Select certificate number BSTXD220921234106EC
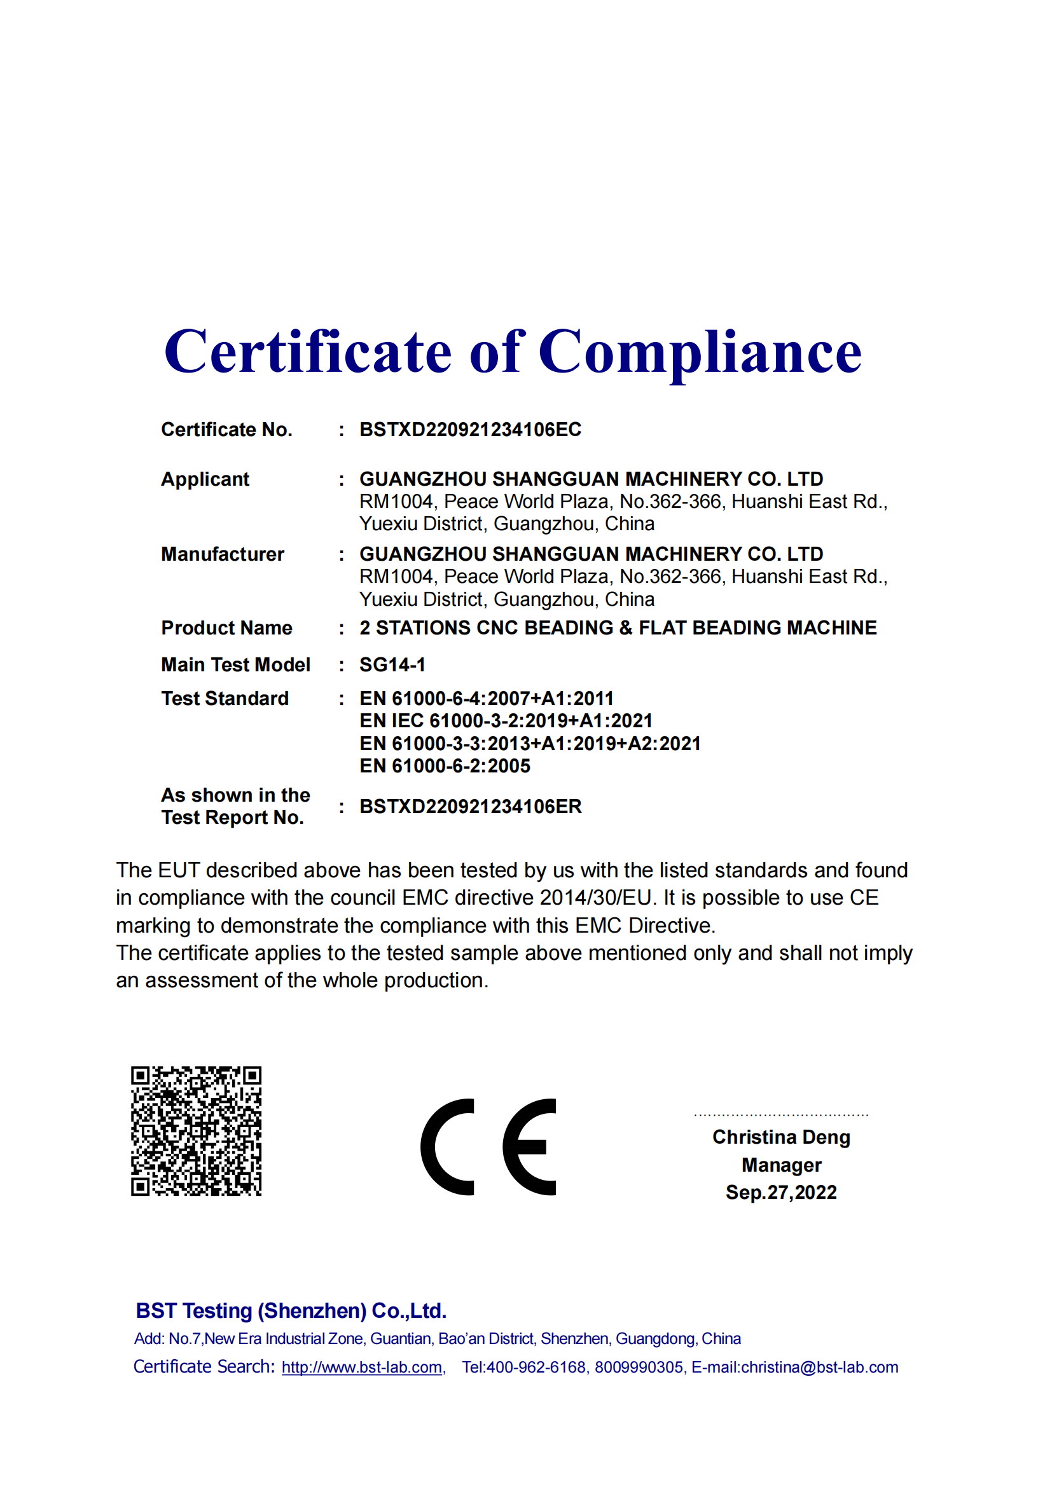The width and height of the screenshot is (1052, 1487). click(470, 429)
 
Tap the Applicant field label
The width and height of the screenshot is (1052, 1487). click(205, 479)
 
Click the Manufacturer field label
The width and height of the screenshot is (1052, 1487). click(222, 554)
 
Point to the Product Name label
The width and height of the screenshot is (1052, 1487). click(226, 628)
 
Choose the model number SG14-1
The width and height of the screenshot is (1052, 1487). click(392, 665)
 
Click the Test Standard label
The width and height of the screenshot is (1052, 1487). click(225, 699)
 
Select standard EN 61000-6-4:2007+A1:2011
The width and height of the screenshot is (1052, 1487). click(486, 699)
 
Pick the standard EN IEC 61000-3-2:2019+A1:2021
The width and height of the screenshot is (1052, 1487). click(505, 721)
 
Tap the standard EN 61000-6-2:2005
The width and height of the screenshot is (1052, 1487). click(445, 766)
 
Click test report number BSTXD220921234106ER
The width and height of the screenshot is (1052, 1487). click(470, 807)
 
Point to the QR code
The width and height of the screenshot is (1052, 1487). click(197, 1131)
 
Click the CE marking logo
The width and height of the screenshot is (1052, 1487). click(488, 1147)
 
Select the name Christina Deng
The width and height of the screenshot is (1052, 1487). click(780, 1137)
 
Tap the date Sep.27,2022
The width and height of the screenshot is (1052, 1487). click(780, 1192)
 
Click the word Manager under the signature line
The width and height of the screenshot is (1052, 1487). click(781, 1165)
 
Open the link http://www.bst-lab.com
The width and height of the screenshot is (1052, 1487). click(362, 1367)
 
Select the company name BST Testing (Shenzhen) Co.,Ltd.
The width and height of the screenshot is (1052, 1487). click(291, 1311)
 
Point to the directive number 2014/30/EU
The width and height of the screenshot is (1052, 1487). click(595, 898)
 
